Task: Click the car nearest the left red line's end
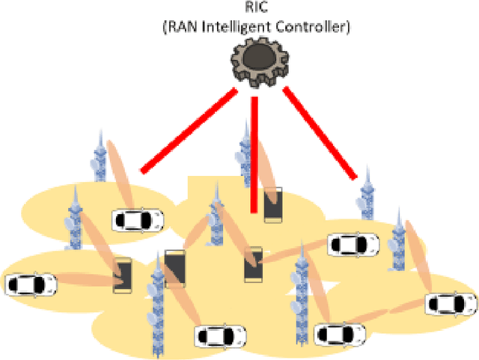pos(138,220)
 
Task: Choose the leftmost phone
pos(122,275)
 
